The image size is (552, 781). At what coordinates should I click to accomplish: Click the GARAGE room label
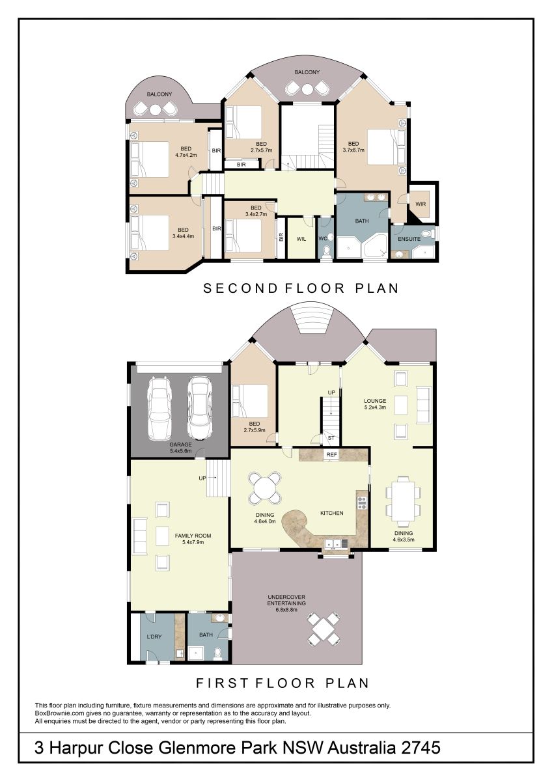pyautogui.click(x=180, y=445)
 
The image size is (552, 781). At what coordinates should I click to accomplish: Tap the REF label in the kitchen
pyautogui.click(x=331, y=455)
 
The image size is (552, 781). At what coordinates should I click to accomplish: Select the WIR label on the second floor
pyautogui.click(x=421, y=204)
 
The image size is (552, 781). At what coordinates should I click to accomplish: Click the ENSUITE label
pyautogui.click(x=409, y=239)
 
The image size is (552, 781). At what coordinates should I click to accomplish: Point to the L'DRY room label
pyautogui.click(x=154, y=637)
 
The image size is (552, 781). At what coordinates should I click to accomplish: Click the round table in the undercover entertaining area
pyautogui.click(x=324, y=630)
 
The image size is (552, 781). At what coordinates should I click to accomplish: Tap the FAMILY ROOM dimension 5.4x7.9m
pyautogui.click(x=193, y=542)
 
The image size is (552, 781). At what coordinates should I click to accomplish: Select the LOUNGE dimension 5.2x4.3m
pyautogui.click(x=375, y=407)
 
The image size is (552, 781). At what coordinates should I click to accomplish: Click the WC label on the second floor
pyautogui.click(x=323, y=239)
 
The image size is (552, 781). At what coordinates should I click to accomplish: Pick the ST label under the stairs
pyautogui.click(x=331, y=438)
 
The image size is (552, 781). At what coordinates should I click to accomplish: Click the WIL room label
pyautogui.click(x=301, y=239)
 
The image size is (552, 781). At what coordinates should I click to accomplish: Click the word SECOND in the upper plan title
pyautogui.click(x=240, y=288)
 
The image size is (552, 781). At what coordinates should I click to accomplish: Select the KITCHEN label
pyautogui.click(x=331, y=513)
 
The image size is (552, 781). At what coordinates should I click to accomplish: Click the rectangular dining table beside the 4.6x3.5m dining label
pyautogui.click(x=403, y=501)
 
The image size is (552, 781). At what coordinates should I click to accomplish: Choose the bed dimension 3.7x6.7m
pyautogui.click(x=353, y=150)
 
